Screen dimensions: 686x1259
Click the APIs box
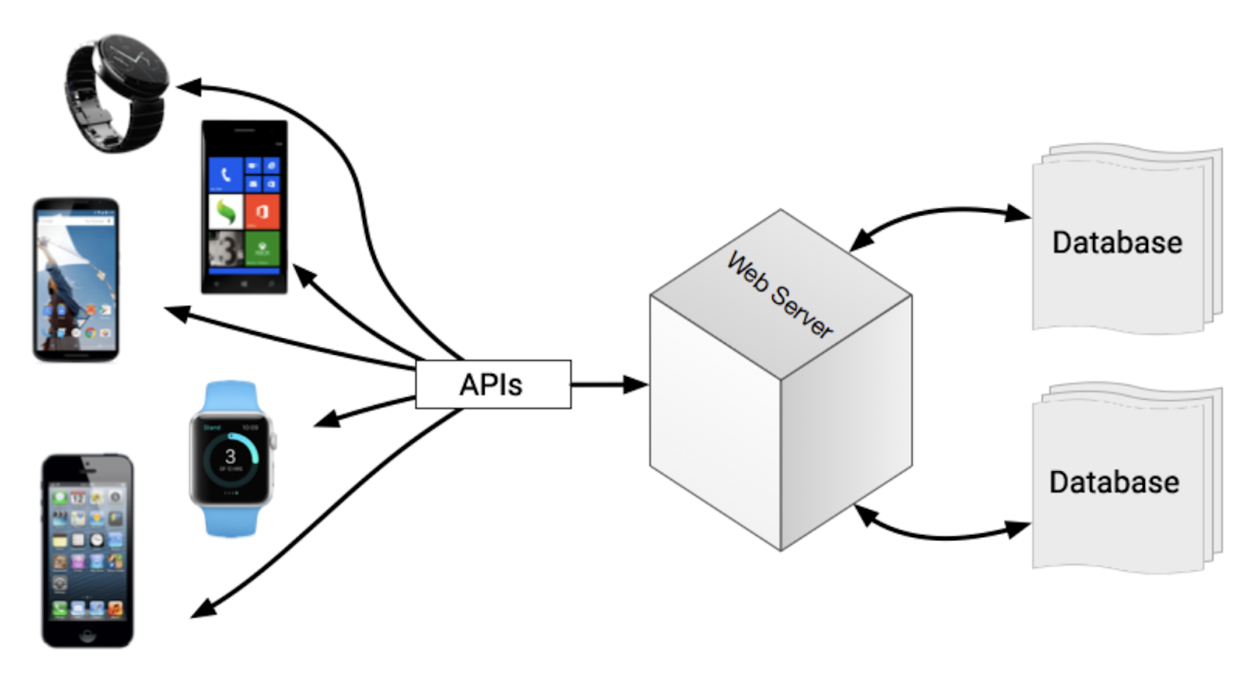point(493,385)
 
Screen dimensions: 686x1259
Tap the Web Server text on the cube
point(778,295)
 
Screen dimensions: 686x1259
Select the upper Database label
point(1117,242)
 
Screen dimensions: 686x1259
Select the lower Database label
point(1113,482)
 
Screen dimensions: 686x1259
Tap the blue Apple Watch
point(231,459)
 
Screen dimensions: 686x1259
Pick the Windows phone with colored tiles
point(244,208)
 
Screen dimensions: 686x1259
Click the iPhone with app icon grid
point(87,550)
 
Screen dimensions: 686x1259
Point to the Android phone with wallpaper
point(76,280)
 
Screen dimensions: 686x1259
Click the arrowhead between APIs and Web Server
point(636,385)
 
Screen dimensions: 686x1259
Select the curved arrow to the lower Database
point(940,535)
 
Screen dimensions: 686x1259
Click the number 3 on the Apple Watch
point(230,456)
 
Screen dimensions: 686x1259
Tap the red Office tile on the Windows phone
point(262,212)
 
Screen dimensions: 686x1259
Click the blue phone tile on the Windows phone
point(226,175)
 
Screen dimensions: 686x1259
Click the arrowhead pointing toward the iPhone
point(203,609)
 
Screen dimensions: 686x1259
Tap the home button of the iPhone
point(87,633)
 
